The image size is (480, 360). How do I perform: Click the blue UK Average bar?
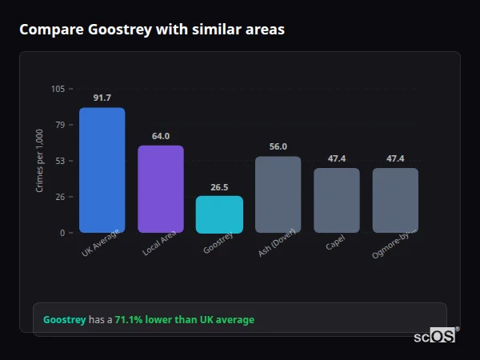(102, 170)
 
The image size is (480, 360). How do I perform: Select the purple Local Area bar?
(161, 189)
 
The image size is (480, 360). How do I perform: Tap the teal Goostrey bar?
(219, 214)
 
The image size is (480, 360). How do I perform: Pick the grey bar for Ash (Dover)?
(278, 194)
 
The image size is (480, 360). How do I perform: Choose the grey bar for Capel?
(337, 200)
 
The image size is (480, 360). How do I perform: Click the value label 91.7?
(102, 98)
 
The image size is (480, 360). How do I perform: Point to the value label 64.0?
(161, 136)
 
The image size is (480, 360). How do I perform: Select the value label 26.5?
(219, 187)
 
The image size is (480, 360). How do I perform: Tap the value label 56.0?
(278, 146)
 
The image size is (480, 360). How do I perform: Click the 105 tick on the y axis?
(58, 89)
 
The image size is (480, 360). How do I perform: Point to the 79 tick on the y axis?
(60, 125)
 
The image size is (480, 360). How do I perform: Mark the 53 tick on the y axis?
(60, 161)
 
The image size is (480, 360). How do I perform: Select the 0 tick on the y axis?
(62, 233)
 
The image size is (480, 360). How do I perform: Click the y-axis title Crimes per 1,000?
(40, 161)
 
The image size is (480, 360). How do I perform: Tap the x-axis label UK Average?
(101, 243)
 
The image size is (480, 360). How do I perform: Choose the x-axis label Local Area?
(160, 243)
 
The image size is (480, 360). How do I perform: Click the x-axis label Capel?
(336, 242)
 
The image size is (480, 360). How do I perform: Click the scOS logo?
(434, 336)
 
